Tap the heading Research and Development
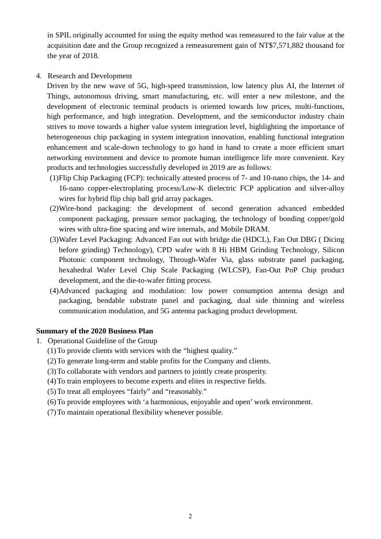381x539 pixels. [x=90, y=76]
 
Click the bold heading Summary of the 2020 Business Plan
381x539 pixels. [x=94, y=331]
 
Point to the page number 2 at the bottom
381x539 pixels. [x=190, y=516]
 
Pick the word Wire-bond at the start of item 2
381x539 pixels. [x=76, y=208]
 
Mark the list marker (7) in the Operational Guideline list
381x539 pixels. [x=52, y=412]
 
